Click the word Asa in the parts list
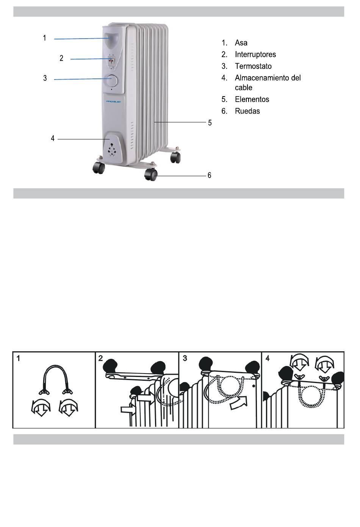(x=241, y=43)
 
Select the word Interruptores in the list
(x=255, y=55)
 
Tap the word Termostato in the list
(x=253, y=66)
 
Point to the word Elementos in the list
(x=252, y=99)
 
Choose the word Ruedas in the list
(x=247, y=111)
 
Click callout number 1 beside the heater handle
(x=45, y=38)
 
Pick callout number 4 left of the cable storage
(x=53, y=139)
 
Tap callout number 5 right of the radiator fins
(x=210, y=123)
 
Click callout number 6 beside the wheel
(x=209, y=175)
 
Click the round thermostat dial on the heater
(x=112, y=81)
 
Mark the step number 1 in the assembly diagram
(x=19, y=358)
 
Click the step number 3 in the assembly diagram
(x=185, y=358)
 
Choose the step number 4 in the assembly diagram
(x=268, y=358)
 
